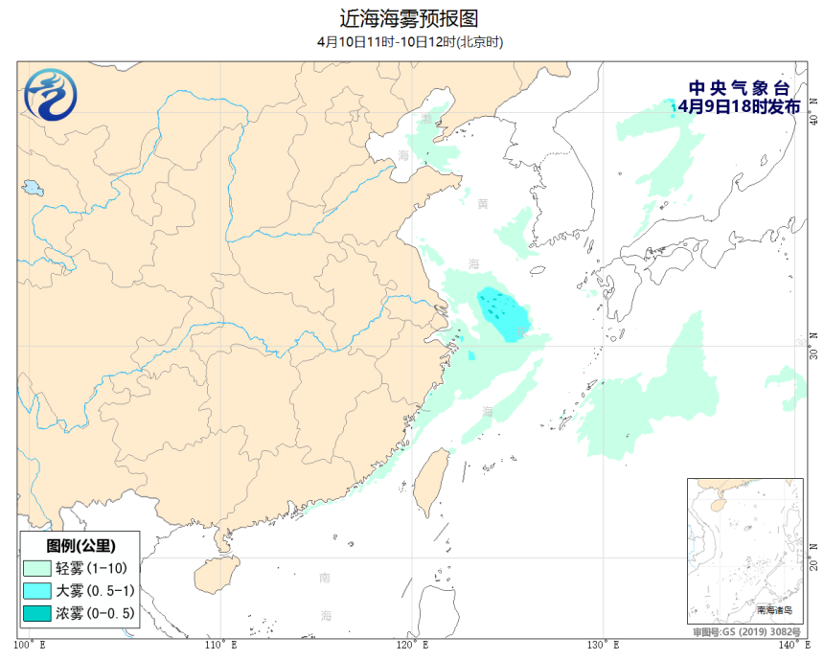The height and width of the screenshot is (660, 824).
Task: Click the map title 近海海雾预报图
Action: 409,18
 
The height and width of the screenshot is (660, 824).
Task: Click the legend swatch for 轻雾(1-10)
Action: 36,568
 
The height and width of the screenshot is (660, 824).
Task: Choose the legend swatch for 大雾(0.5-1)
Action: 36,590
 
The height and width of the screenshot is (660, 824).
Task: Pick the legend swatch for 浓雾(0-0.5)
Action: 36,612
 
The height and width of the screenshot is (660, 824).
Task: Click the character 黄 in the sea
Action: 482,204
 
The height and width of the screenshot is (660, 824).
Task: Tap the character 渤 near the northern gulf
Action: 425,119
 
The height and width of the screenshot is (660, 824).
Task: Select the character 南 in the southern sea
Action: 325,578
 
